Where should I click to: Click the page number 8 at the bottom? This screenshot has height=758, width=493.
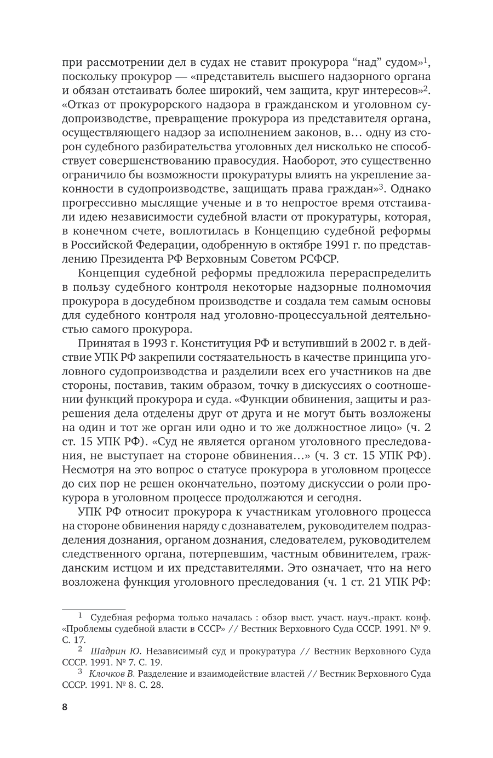(x=64, y=706)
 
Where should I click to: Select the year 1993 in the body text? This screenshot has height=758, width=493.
(x=144, y=343)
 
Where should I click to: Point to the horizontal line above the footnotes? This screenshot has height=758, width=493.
(x=94, y=608)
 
